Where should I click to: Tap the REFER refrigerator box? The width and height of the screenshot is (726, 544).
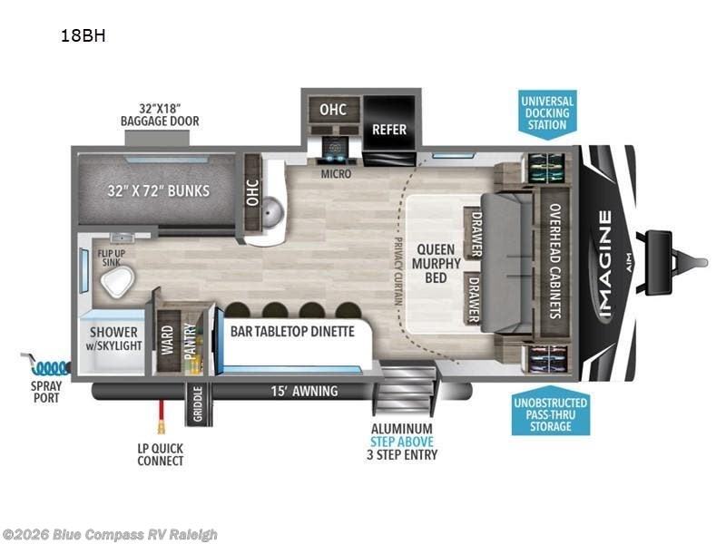[389, 129]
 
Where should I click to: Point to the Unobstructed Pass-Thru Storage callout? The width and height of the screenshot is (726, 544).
[549, 413]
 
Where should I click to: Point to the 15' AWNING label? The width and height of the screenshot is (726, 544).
[305, 391]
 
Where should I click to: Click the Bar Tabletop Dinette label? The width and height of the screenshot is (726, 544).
[291, 331]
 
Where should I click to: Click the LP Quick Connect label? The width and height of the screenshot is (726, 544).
[160, 453]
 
